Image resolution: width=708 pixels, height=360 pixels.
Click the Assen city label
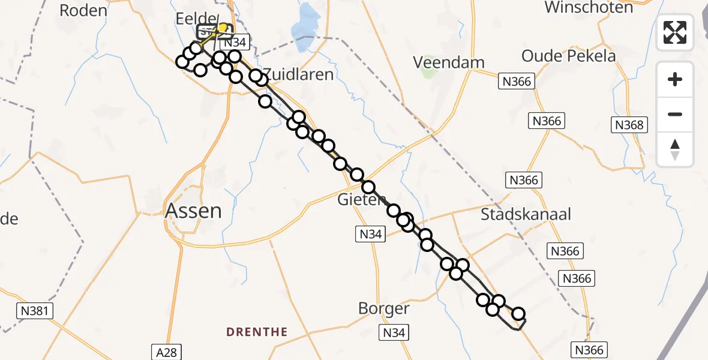pyautogui.click(x=193, y=211)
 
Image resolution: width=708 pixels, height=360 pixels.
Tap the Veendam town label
pyautogui.click(x=449, y=62)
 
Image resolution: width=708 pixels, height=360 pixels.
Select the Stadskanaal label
pyautogui.click(x=526, y=214)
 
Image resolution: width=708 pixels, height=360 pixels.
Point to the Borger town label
pyautogui.click(x=384, y=309)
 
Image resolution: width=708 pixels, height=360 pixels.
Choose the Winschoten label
pyautogui.click(x=589, y=8)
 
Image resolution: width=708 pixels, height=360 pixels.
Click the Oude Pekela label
pyautogui.click(x=568, y=56)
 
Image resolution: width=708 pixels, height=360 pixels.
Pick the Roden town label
pyautogui.click(x=84, y=10)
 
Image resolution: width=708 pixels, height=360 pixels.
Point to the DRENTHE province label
pyautogui.click(x=257, y=332)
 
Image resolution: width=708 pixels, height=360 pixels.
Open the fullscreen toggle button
pyautogui.click(x=675, y=32)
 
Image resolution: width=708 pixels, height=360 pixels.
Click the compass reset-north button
pyautogui.click(x=675, y=149)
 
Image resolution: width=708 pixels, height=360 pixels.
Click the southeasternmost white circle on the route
pyautogui.click(x=518, y=313)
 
